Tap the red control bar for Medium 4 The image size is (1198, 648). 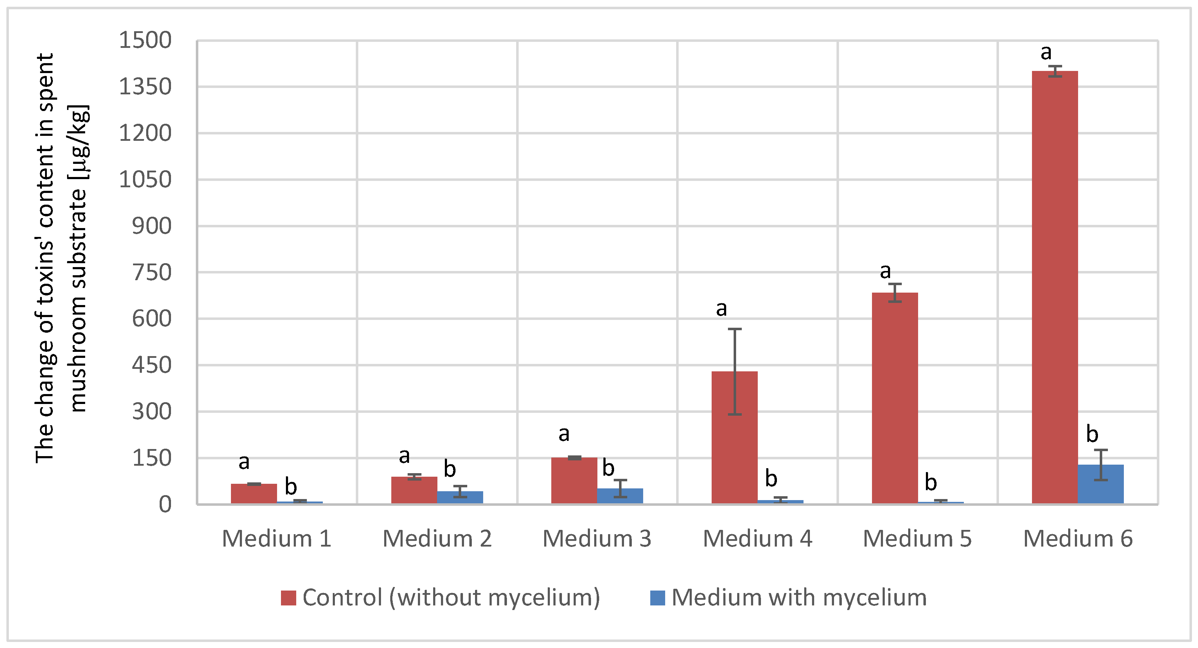(734, 437)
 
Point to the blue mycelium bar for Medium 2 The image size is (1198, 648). (460, 497)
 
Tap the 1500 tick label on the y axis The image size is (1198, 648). (145, 40)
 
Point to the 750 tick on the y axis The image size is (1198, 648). (151, 273)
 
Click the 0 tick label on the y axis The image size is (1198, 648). (165, 505)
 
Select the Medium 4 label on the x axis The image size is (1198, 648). (757, 539)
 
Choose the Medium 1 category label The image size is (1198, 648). (277, 539)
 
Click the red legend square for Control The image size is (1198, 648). (288, 598)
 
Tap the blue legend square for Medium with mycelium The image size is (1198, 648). (657, 598)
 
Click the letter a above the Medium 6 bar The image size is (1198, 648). (1046, 52)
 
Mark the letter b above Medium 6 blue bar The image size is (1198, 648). (1092, 434)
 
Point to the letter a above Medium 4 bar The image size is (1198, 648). (721, 309)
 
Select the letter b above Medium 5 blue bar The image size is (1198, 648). (931, 482)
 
